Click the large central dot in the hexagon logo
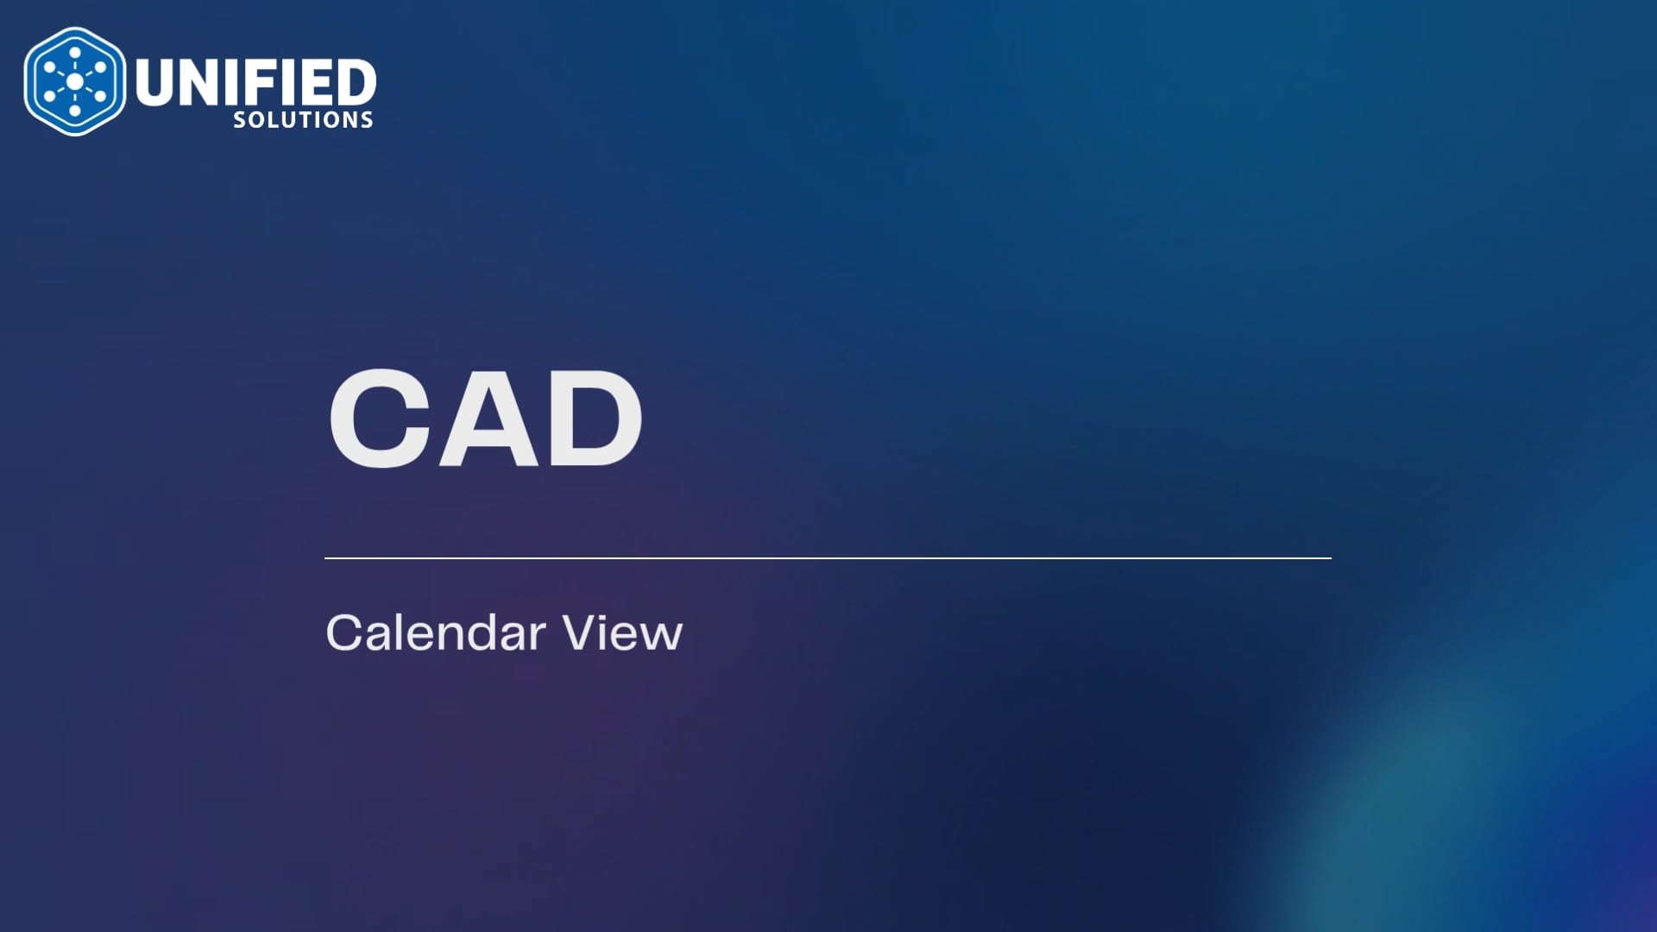coord(75,81)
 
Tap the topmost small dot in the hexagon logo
coord(75,52)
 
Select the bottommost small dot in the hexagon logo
coord(75,110)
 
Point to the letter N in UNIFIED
coord(199,83)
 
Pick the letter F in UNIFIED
coord(259,83)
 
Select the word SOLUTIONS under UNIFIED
coord(303,120)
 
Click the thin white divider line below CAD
coord(828,558)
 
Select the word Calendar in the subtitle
coord(436,633)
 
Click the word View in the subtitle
coord(622,633)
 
